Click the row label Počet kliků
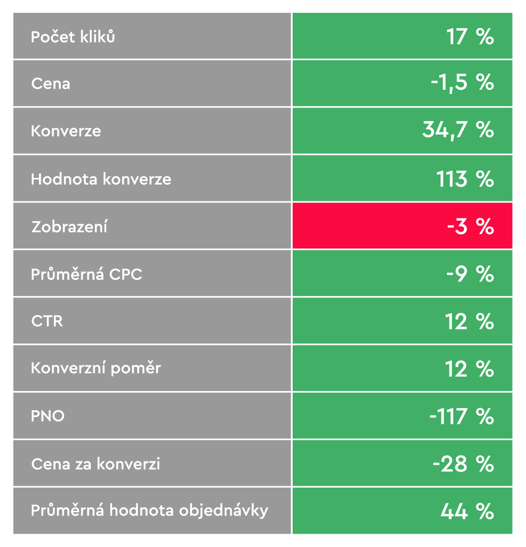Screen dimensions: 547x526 (73, 37)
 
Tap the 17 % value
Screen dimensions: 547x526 (470, 37)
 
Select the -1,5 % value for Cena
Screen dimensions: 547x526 (462, 83)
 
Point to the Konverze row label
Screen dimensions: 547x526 (66, 131)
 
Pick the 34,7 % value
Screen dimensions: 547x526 (458, 130)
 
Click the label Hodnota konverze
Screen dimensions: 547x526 (101, 179)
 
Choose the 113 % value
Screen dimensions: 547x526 (465, 179)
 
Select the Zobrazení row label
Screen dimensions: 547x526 (69, 226)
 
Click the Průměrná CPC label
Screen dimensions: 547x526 (87, 275)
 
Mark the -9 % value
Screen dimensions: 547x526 (470, 274)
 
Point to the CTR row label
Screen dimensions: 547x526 (47, 322)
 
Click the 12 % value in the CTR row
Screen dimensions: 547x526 (469, 322)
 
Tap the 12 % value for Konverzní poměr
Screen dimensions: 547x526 (469, 369)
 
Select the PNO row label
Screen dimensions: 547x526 (48, 416)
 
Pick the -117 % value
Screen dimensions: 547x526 (461, 416)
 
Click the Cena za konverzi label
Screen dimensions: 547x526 (96, 464)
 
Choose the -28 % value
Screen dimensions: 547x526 (463, 464)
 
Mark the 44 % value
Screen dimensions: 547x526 (467, 511)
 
